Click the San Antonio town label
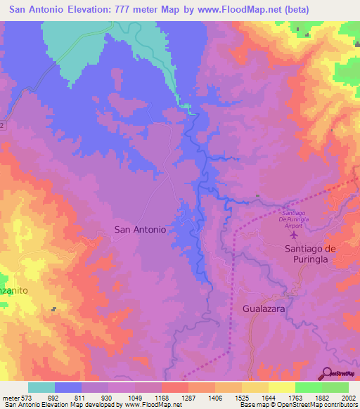coord(141,229)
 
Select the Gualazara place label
coord(266,309)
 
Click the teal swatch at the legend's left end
coord(41,387)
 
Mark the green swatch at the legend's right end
coord(335,387)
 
